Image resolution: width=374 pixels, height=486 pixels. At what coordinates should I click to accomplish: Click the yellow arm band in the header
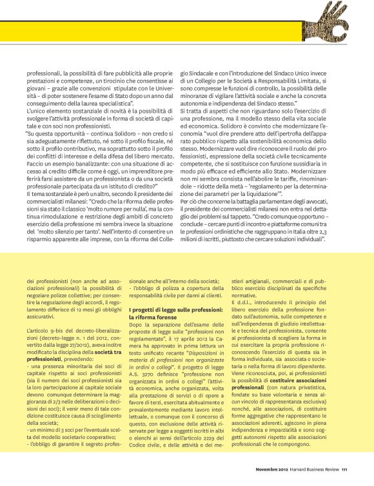tap(161, 32)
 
